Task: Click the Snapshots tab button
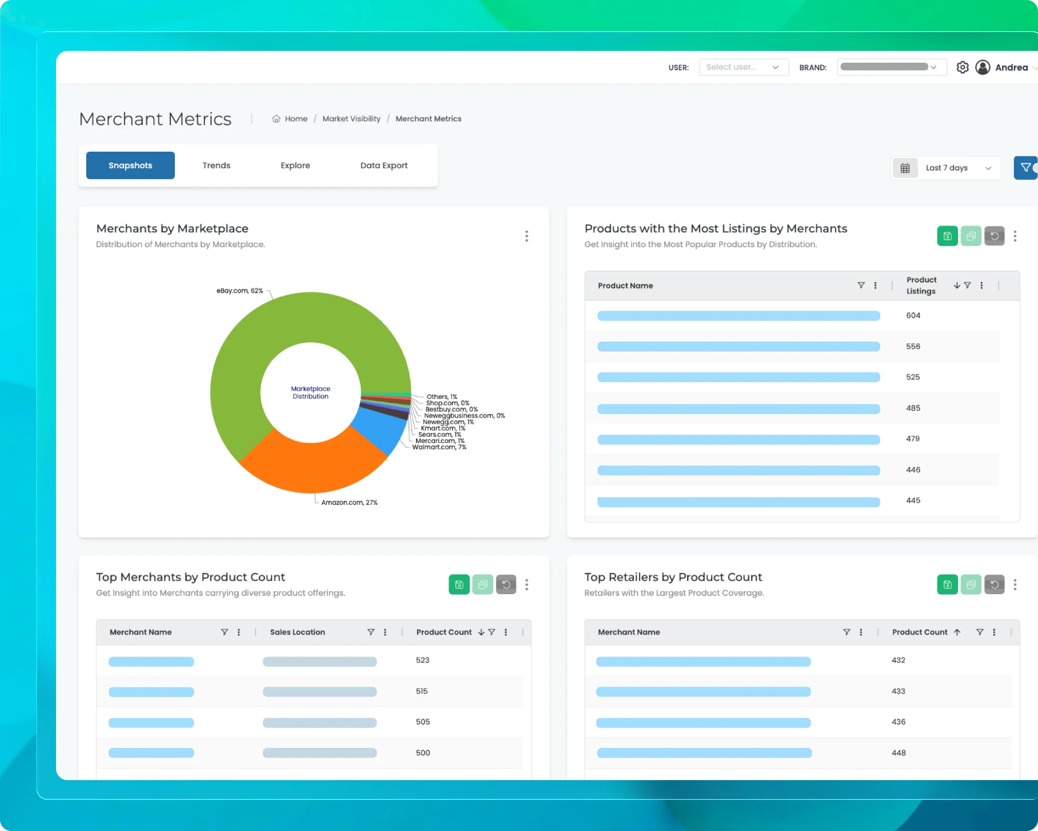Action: pos(130,165)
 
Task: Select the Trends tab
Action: pos(216,165)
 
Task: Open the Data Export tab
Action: pos(384,165)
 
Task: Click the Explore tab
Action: pos(295,165)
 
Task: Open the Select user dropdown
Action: pos(743,67)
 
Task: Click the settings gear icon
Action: pos(962,68)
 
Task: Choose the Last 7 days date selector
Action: pos(946,168)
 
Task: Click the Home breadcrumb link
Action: pos(296,118)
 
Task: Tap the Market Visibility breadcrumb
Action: pos(351,118)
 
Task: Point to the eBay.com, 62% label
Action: pos(240,290)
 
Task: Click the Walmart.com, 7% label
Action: pos(439,447)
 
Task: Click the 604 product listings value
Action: pos(913,315)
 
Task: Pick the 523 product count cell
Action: pos(422,660)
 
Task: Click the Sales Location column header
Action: pos(297,632)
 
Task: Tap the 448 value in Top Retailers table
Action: pos(898,753)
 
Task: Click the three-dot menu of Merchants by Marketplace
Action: pos(526,236)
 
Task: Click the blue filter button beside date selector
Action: pos(1026,168)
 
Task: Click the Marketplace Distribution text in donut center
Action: pos(310,392)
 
